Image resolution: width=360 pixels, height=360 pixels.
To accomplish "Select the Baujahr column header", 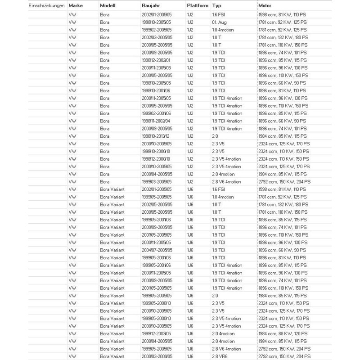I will point(151,5).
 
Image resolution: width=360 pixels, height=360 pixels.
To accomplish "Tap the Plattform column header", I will point(197,5).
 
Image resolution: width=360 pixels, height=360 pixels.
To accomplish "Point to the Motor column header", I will point(265,5).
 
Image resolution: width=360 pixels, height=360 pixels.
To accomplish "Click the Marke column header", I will point(76,5).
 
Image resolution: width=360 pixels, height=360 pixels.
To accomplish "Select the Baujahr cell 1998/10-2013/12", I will point(156,136).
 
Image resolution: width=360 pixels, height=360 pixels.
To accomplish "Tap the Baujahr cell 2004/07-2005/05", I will point(156,250).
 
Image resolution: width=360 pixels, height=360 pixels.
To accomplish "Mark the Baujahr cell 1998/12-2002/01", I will point(156,60).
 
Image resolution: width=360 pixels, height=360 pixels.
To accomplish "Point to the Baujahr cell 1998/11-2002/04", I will point(156,121).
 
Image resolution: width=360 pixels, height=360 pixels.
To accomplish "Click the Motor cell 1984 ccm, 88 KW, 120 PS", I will point(283,333).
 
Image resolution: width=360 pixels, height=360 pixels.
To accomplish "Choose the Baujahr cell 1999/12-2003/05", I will point(156,333).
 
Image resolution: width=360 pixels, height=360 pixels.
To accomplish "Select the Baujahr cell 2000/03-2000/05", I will point(156,356).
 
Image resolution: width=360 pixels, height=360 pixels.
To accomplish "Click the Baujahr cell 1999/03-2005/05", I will point(156,181).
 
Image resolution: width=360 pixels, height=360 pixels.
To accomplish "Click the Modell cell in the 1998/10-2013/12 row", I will point(104,136).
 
